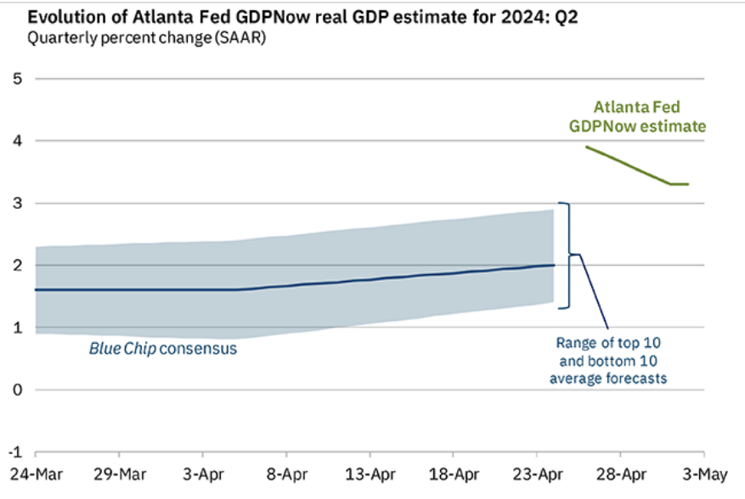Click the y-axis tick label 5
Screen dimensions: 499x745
[15, 79]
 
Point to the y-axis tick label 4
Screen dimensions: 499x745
[15, 141]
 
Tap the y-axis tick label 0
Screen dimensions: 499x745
[15, 390]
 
